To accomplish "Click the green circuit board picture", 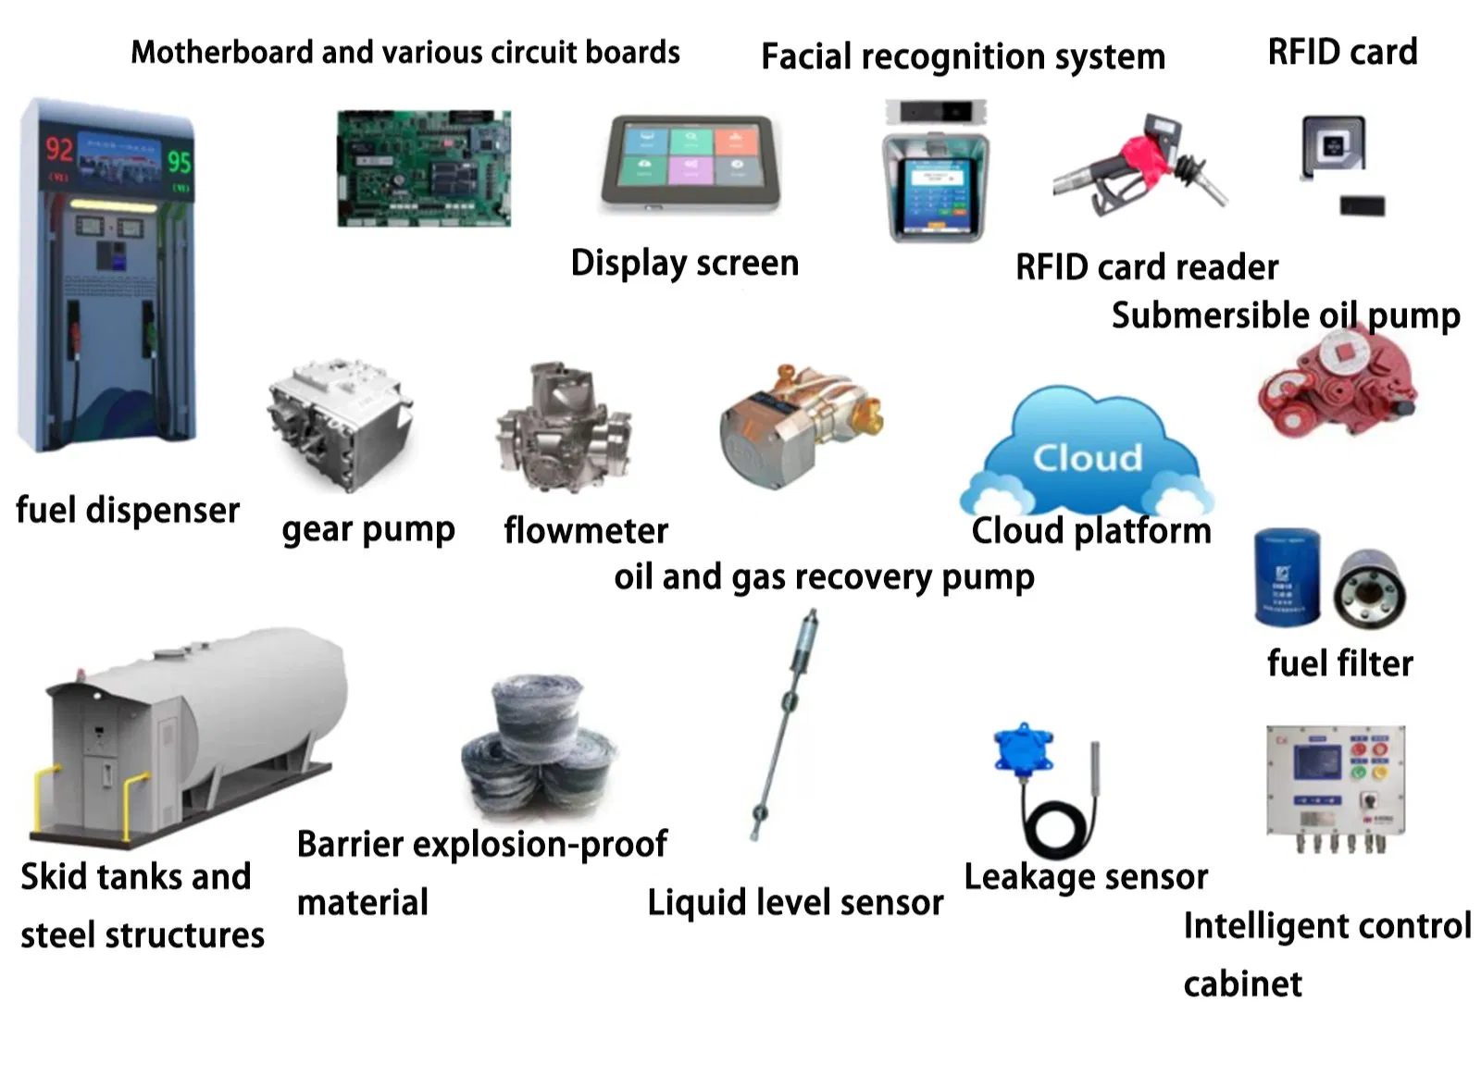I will (423, 168).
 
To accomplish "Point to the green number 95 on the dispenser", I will (179, 162).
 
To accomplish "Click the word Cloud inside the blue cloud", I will (1088, 458).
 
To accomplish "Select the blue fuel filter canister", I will (1287, 576).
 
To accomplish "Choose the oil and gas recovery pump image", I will (798, 425).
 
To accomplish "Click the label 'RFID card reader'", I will (1146, 267).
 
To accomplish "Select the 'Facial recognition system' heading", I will (962, 57).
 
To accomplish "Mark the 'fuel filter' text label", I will (1339, 663).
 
